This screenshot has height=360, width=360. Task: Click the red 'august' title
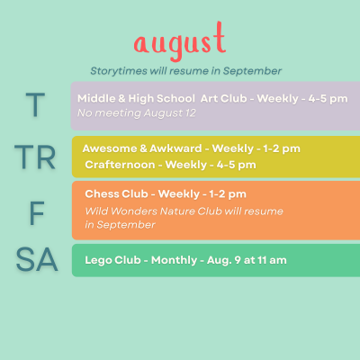pyautogui.click(x=180, y=41)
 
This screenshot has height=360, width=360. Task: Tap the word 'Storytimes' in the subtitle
pyautogui.click(x=119, y=71)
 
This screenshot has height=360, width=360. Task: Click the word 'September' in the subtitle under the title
pyautogui.click(x=252, y=71)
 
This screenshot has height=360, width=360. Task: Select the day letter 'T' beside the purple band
pyautogui.click(x=35, y=104)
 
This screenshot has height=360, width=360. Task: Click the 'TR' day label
pyautogui.click(x=35, y=157)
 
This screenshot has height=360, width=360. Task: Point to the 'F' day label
pyautogui.click(x=37, y=213)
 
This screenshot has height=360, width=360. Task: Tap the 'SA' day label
pyautogui.click(x=37, y=259)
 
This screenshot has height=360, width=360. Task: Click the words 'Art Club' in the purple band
pyautogui.click(x=224, y=98)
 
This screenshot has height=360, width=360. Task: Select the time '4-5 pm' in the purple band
pyautogui.click(x=328, y=99)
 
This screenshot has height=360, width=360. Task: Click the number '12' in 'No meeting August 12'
pyautogui.click(x=191, y=113)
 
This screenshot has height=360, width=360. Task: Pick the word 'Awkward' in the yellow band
pyautogui.click(x=175, y=148)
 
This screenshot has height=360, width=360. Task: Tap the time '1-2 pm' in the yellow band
pyautogui.click(x=282, y=149)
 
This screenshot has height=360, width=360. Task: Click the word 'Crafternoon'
pyautogui.click(x=120, y=165)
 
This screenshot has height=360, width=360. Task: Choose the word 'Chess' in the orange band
pyautogui.click(x=101, y=193)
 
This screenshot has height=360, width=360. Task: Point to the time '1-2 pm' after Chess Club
pyautogui.click(x=228, y=194)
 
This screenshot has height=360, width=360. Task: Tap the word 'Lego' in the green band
pyautogui.click(x=98, y=260)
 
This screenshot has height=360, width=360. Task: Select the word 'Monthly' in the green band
pyautogui.click(x=175, y=260)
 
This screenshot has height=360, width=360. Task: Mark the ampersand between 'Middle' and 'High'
pyautogui.click(x=121, y=98)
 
